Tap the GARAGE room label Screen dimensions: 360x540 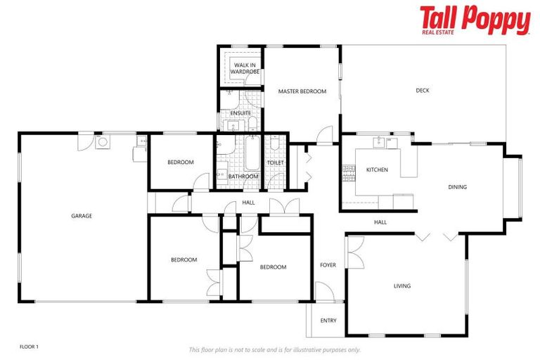click(x=82, y=216)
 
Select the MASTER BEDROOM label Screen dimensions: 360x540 click(x=302, y=91)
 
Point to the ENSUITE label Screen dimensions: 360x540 click(x=240, y=113)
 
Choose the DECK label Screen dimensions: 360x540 click(x=422, y=90)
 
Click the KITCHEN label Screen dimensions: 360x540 click(x=377, y=169)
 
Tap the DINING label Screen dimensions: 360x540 click(x=458, y=187)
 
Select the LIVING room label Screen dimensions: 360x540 click(x=401, y=285)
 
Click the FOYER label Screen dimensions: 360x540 click(x=328, y=265)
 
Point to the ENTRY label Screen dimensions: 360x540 click(x=328, y=321)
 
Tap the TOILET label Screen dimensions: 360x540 click(x=275, y=163)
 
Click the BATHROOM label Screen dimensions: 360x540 click(x=239, y=176)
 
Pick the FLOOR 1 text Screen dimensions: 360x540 click(x=29, y=347)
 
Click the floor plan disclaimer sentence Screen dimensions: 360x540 click(x=275, y=349)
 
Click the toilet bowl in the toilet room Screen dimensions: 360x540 click(x=275, y=146)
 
